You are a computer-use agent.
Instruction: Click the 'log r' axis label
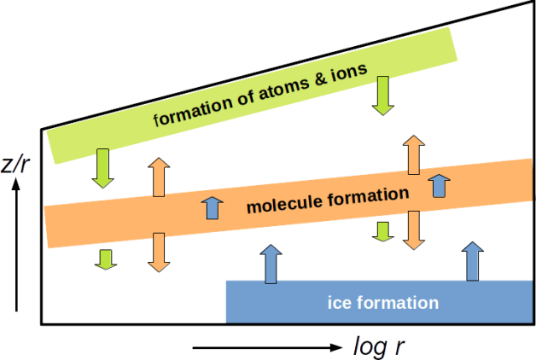tap(379, 346)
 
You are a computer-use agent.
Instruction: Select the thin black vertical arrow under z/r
tap(16, 247)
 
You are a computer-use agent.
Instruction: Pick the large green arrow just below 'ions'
tap(382, 96)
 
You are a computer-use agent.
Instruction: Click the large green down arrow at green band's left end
tap(103, 168)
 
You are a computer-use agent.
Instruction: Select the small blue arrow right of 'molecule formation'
tap(439, 184)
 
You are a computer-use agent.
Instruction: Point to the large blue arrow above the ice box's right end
tap(472, 260)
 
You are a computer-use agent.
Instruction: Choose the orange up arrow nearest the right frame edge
tap(413, 154)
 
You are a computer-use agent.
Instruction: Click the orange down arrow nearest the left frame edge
tap(158, 252)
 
